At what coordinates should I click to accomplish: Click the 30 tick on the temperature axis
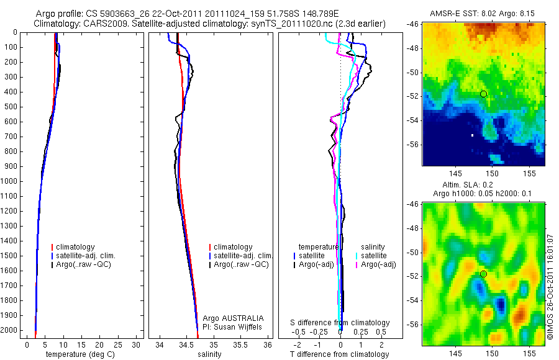click(x=137, y=344)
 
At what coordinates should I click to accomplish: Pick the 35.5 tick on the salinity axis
click(x=240, y=344)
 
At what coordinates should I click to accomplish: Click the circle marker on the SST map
click(x=483, y=94)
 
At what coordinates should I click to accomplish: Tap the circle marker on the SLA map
click(x=483, y=274)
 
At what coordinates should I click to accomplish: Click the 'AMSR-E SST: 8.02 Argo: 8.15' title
click(x=483, y=14)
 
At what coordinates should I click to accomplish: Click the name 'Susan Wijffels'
click(x=243, y=326)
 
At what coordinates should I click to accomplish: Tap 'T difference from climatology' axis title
click(x=339, y=354)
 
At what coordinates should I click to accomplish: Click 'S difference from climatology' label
click(x=340, y=323)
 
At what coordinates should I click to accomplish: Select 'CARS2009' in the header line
click(x=100, y=23)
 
